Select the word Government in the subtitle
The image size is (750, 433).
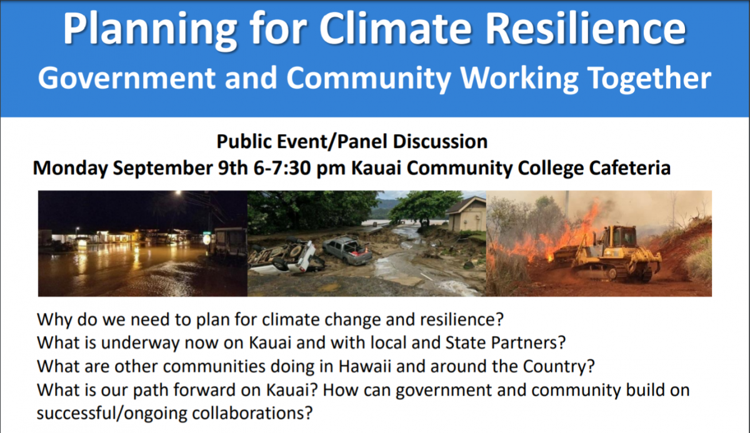tap(126, 77)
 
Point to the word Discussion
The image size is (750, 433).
tap(440, 141)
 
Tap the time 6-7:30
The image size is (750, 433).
tap(282, 167)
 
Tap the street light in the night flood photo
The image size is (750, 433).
tap(179, 193)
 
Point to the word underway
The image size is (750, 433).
tap(140, 343)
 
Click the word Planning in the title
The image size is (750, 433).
tap(149, 30)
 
